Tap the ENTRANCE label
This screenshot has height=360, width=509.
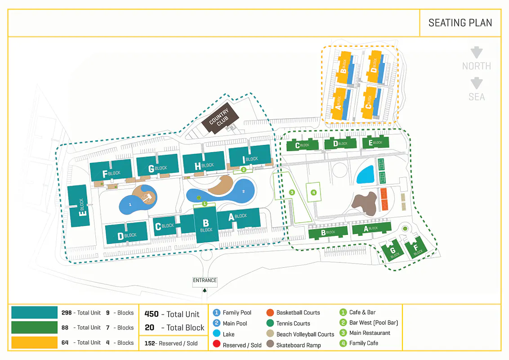click(x=205, y=280)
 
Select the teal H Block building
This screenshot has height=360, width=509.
click(x=203, y=162)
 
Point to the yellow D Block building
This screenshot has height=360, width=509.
click(x=374, y=67)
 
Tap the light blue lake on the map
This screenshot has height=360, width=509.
click(x=365, y=175)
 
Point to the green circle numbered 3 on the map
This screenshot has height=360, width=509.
click(x=292, y=192)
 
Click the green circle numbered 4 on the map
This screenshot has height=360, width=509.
click(x=313, y=193)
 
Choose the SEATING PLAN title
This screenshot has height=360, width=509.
click(x=460, y=23)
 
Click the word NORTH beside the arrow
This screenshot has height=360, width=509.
click(x=476, y=66)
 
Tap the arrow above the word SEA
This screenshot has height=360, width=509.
click(x=476, y=83)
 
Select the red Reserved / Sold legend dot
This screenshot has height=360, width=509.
click(x=216, y=345)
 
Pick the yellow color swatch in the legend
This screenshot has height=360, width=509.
click(x=34, y=342)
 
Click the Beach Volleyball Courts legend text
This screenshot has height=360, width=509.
click(x=305, y=334)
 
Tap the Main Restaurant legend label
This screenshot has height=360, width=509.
click(x=370, y=333)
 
